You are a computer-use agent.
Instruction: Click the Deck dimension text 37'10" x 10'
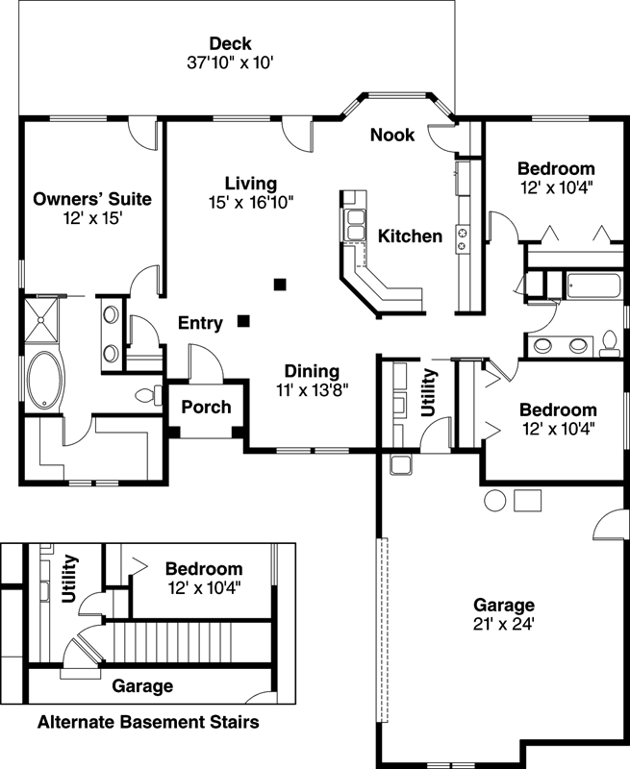click(231, 63)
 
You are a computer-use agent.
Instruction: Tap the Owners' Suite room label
click(92, 199)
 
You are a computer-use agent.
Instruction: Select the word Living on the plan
click(251, 183)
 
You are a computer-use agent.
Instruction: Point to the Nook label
click(392, 135)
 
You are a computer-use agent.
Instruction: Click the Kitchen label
click(410, 236)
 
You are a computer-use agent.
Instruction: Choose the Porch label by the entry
click(206, 407)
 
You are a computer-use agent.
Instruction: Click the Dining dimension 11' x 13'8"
click(312, 389)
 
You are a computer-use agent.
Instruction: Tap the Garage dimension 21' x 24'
click(503, 623)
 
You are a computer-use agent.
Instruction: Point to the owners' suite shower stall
click(41, 318)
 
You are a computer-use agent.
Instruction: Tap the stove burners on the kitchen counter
click(462, 238)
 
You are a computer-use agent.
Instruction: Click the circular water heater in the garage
click(495, 500)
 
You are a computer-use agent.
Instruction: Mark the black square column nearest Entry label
click(245, 321)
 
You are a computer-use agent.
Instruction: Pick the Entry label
click(200, 323)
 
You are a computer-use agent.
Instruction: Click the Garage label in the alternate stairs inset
click(142, 686)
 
